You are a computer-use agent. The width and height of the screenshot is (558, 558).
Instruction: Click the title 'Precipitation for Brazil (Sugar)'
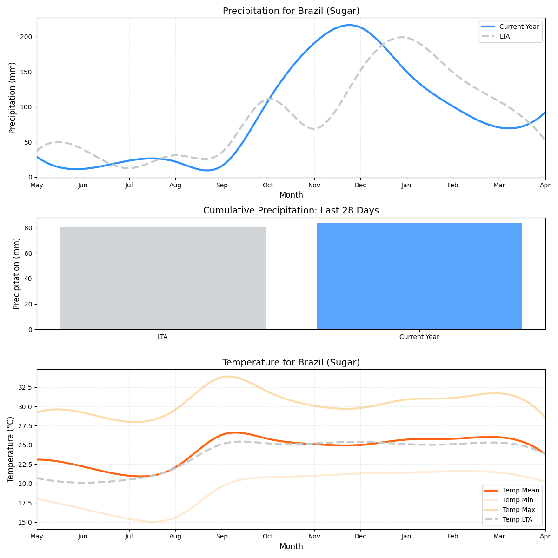pyautogui.click(x=291, y=11)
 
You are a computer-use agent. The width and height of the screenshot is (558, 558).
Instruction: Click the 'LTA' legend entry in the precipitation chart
pyautogui.click(x=505, y=36)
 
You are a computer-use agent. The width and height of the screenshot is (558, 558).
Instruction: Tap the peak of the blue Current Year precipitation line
pyautogui.click(x=350, y=25)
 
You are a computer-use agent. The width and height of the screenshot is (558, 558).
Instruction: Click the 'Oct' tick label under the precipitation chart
pyautogui.click(x=268, y=185)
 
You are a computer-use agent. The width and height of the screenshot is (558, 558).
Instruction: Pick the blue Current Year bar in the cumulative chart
pyautogui.click(x=419, y=276)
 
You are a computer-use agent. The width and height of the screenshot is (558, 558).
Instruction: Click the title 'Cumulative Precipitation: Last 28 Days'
pyautogui.click(x=291, y=211)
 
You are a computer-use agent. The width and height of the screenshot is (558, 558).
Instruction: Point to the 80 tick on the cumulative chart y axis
pyautogui.click(x=29, y=228)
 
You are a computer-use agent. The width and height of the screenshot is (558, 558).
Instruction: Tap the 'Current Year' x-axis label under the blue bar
pyautogui.click(x=419, y=337)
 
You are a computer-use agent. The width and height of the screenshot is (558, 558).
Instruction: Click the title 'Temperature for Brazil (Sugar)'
pyautogui.click(x=291, y=363)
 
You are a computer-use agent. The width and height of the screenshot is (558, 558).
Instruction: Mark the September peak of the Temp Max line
pyautogui.click(x=227, y=376)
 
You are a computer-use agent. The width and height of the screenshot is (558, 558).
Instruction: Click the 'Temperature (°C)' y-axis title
pyautogui.click(x=11, y=449)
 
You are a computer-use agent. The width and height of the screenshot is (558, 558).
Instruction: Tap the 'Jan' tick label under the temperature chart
pyautogui.click(x=407, y=537)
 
